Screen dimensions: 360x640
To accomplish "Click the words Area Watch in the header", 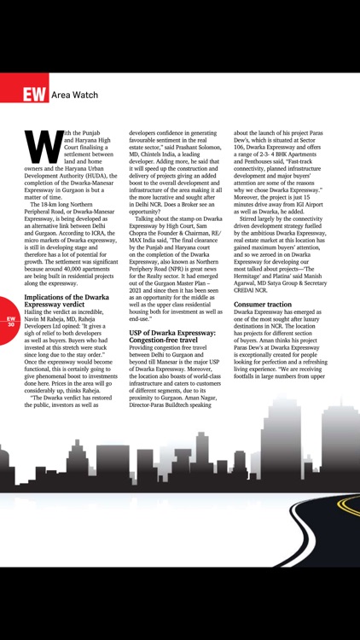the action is point(74,95).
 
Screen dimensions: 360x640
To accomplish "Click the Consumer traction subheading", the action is point(268,304).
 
